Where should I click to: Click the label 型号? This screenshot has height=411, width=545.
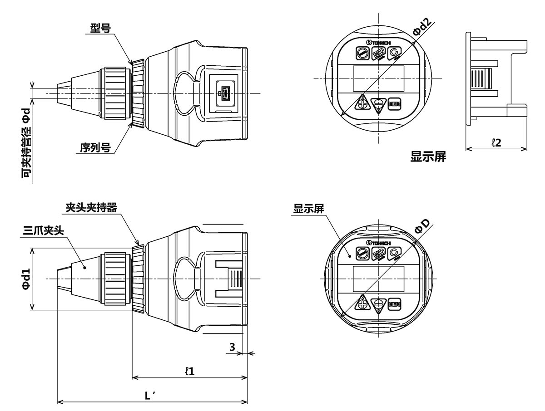[x=100, y=29]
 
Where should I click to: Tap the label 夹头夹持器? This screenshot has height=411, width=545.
[x=91, y=207]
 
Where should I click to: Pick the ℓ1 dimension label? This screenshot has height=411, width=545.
[x=190, y=371]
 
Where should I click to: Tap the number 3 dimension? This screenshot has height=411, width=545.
[x=232, y=347]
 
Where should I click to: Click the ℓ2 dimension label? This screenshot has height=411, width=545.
[x=496, y=142]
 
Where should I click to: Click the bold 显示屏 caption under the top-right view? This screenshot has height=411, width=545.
[x=428, y=157]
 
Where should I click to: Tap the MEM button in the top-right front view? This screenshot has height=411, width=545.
[x=394, y=104]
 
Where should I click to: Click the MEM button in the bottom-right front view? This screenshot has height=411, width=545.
[x=394, y=304]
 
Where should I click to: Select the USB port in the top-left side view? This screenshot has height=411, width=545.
[x=226, y=94]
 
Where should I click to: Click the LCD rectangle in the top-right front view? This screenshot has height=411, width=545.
[x=378, y=78]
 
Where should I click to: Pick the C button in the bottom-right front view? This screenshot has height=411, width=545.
[x=394, y=254]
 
